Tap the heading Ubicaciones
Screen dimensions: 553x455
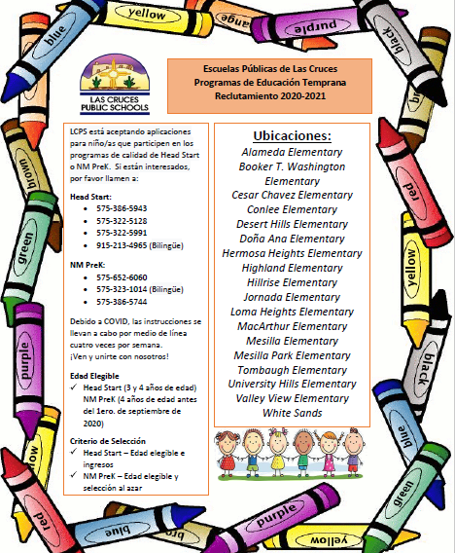tap(291, 135)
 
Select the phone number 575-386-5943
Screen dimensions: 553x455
tap(122, 208)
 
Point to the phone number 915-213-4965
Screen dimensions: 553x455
tap(122, 245)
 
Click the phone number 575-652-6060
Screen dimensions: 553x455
tap(122, 276)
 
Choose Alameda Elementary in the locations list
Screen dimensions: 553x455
tap(291, 153)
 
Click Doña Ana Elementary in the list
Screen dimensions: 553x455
tap(291, 239)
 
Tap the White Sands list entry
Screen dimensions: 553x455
tap(291, 413)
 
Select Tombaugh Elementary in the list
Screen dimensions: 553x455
tap(291, 370)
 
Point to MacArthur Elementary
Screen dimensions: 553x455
tap(291, 326)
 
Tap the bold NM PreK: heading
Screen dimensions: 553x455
tap(86, 263)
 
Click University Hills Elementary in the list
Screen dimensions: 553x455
tap(291, 384)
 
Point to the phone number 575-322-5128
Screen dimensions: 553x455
tap(122, 221)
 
